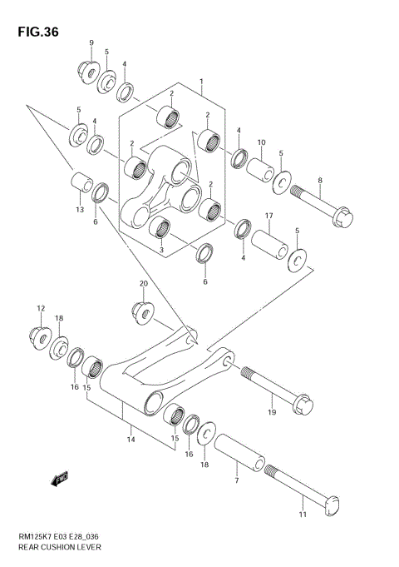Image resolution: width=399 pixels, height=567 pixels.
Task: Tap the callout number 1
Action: pos(201,82)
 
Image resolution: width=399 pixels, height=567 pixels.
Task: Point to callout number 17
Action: pos(269,216)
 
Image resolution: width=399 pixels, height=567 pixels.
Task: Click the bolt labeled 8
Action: pos(326,205)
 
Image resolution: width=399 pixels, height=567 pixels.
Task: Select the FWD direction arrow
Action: pos(59,480)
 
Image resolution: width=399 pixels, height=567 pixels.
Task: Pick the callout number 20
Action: pos(143,284)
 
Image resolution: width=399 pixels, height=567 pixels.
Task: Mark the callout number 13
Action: pos(79,210)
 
